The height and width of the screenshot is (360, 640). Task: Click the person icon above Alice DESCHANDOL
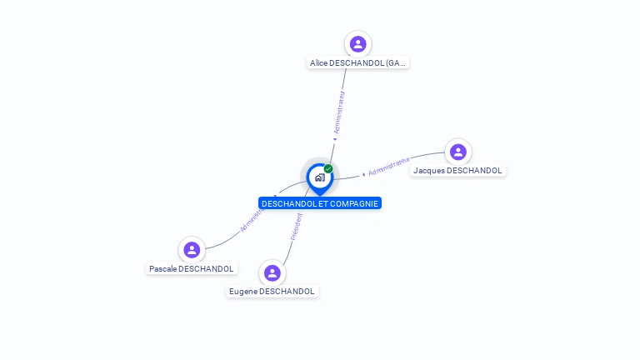[x=357, y=44]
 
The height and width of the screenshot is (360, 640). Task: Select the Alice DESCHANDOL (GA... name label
[x=357, y=62]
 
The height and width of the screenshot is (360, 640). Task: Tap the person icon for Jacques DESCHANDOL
[x=457, y=152]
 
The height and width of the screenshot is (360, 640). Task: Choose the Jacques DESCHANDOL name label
[x=457, y=170]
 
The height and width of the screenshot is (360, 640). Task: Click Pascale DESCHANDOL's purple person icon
[x=192, y=249]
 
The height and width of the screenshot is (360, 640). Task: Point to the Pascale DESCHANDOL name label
[x=192, y=268]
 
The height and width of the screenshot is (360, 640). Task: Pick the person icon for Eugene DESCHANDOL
[x=272, y=272]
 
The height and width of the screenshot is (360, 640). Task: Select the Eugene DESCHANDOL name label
[x=272, y=292]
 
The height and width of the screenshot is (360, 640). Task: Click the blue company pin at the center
[x=319, y=177]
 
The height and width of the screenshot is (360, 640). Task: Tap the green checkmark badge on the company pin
[x=328, y=168]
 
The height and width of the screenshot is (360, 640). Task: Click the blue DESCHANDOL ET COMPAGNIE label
[x=319, y=203]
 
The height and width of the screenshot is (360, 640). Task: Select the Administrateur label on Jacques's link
[x=389, y=166]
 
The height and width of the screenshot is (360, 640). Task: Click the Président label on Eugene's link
[x=296, y=227]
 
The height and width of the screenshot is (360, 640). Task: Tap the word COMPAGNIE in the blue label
[x=353, y=203]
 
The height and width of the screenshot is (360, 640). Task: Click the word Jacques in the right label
[x=428, y=170]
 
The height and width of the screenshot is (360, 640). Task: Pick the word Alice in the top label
[x=318, y=62]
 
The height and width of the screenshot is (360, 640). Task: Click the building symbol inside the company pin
[x=319, y=177]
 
